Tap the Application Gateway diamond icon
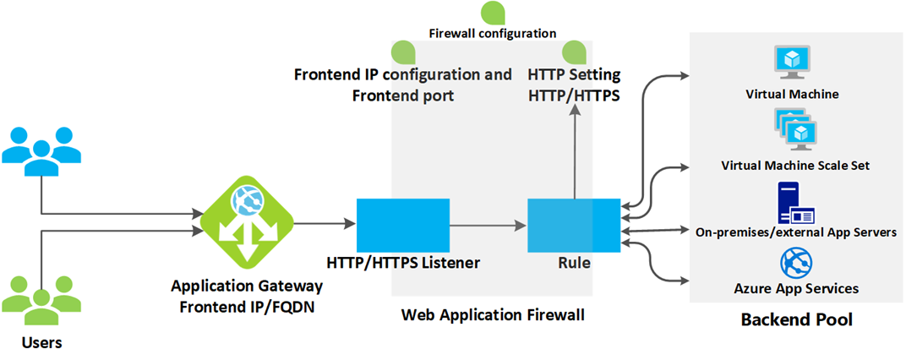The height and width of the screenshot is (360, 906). click(246, 225)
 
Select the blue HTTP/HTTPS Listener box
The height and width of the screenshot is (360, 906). click(402, 225)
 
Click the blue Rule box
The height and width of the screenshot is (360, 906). click(573, 225)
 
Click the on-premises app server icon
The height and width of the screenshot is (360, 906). click(793, 203)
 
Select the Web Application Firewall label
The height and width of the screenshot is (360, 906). click(493, 315)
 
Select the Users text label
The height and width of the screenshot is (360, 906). click(41, 343)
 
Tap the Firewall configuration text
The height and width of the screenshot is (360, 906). click(493, 34)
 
